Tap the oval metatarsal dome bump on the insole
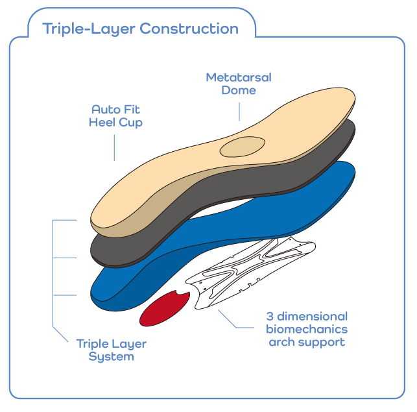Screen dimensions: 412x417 (241, 147)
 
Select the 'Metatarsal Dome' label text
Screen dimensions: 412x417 (239, 84)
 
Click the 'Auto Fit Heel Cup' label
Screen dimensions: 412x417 (116, 115)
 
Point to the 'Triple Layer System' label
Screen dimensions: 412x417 (111, 350)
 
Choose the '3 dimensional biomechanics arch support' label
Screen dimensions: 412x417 (307, 329)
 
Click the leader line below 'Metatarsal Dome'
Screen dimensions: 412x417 (239, 110)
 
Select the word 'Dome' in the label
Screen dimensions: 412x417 (239, 90)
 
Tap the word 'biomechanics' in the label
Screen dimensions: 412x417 (307, 329)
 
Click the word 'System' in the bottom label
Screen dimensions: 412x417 (111, 356)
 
